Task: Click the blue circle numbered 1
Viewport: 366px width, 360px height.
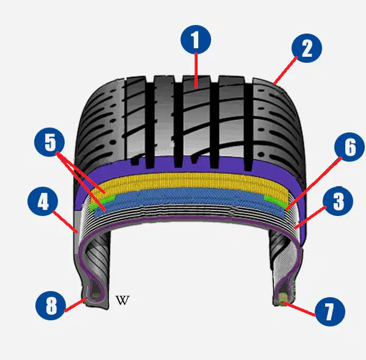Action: (196, 40)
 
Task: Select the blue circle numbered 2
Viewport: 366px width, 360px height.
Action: (307, 48)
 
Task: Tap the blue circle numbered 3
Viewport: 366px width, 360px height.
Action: (338, 201)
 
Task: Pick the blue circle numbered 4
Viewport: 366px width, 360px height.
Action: (43, 201)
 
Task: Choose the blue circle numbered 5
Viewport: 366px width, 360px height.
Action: (49, 142)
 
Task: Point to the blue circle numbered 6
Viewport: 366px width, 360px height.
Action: (350, 147)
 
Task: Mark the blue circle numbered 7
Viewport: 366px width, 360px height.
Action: (330, 311)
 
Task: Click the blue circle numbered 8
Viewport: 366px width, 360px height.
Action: (51, 305)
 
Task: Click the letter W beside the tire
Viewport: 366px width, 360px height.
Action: (123, 300)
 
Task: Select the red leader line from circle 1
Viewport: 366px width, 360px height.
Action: (196, 71)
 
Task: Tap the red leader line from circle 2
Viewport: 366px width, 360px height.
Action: (285, 70)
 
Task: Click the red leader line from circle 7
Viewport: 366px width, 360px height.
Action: (300, 309)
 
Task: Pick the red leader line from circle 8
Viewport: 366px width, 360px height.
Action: (75, 304)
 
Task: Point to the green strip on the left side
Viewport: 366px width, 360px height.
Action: (102, 202)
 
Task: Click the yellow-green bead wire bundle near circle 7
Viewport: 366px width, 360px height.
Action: (282, 298)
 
